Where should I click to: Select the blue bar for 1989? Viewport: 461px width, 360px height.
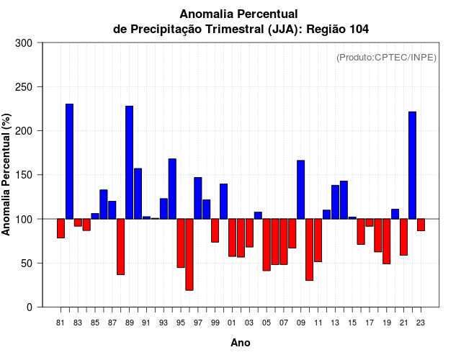(129, 162)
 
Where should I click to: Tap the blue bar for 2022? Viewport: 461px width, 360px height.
(412, 165)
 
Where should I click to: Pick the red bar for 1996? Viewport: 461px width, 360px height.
(189, 254)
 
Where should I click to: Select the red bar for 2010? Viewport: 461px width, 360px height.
(309, 249)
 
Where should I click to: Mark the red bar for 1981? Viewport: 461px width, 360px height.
(61, 228)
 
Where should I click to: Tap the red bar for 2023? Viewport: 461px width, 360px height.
(421, 225)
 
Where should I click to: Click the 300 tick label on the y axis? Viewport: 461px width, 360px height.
(24, 43)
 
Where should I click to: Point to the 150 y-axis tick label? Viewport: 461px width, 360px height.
(24, 175)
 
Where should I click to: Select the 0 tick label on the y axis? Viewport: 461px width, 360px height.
(29, 307)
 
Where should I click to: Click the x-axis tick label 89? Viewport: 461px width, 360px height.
(129, 323)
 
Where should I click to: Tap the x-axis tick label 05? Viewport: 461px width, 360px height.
(267, 323)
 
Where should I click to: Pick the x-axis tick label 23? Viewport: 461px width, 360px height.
(421, 323)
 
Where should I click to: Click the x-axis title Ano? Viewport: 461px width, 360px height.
(241, 343)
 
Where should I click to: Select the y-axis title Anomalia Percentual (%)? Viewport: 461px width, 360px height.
(7, 175)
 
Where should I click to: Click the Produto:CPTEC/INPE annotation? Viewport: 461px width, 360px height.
(386, 57)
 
